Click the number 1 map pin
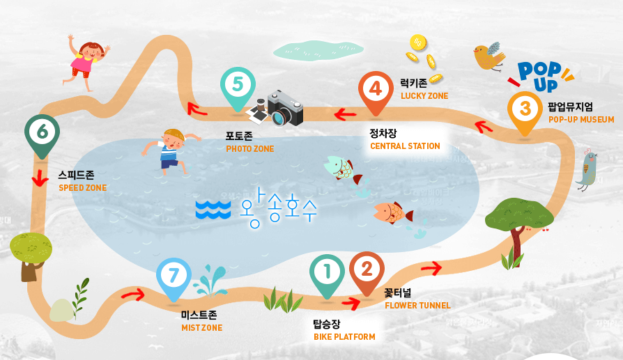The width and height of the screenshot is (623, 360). (326, 272)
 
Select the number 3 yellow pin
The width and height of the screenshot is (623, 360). (525, 110)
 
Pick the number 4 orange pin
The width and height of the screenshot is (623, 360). (376, 90)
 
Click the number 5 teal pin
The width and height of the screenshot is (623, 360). (238, 86)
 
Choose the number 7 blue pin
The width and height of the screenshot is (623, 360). (174, 276)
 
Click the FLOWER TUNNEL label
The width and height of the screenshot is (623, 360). (417, 305)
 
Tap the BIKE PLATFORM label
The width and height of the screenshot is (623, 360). (344, 337)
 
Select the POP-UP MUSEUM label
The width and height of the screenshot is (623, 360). (581, 120)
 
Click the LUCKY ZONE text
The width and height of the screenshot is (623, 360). (424, 96)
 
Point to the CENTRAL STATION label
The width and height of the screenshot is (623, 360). (405, 146)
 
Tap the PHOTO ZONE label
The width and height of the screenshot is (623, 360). (249, 149)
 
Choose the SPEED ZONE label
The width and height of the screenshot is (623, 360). (82, 188)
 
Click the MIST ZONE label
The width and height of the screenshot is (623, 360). (201, 328)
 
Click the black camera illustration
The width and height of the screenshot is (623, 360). (283, 108)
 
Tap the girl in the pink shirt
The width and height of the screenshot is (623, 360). (86, 61)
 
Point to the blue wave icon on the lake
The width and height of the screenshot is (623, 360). (213, 209)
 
